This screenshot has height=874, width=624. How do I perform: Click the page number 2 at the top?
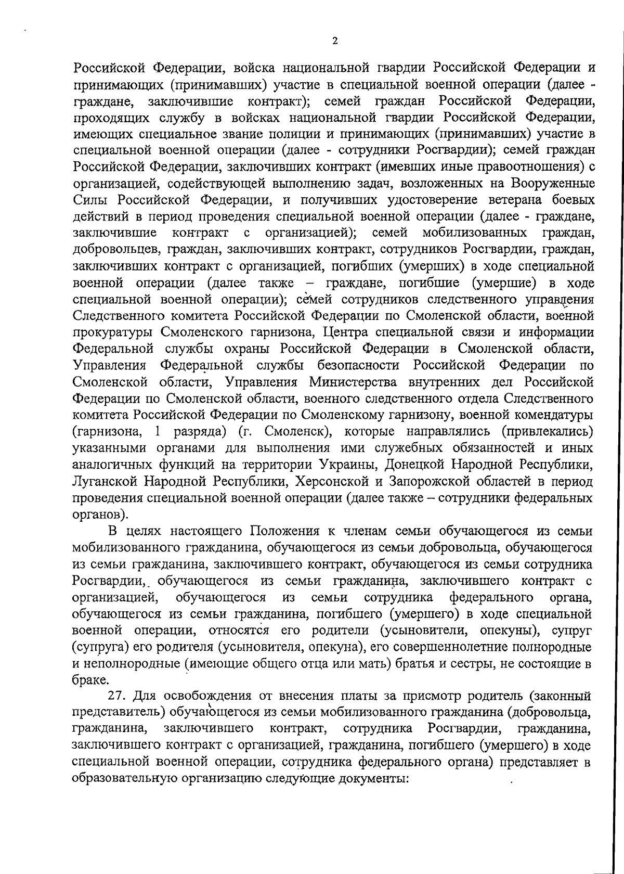click(x=334, y=41)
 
